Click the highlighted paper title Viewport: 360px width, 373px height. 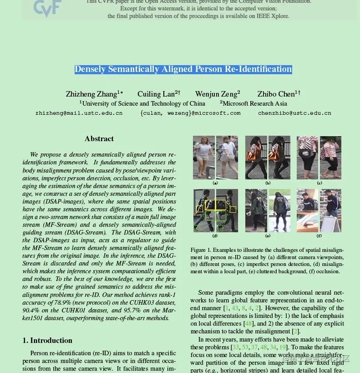[183, 69]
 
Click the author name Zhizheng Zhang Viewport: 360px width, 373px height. [91, 94]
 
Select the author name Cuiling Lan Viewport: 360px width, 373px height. [156, 94]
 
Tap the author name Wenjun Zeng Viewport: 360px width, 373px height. [216, 94]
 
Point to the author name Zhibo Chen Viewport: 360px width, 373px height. [276, 94]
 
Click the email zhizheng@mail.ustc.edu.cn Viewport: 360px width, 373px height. [79, 113]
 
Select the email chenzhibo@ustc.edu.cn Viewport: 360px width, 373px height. [294, 113]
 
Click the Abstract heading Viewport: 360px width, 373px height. [99, 139]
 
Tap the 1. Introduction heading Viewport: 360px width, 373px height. [47, 341]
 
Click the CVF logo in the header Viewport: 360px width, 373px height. [47, 8]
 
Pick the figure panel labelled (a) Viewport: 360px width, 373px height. [215, 157]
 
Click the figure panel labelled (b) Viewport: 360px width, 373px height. [268, 157]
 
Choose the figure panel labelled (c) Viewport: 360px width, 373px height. [319, 157]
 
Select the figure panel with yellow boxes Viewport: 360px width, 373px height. [215, 210]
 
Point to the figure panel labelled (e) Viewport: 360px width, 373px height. [268, 210]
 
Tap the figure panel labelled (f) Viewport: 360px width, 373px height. [319, 210]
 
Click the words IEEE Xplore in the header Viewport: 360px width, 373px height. [274, 16]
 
